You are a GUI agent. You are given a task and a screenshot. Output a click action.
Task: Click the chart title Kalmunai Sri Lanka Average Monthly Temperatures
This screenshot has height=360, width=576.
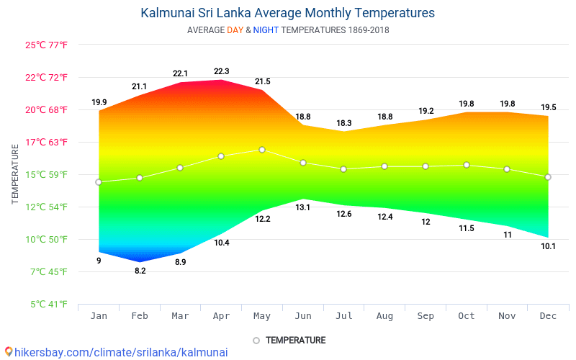click(287, 13)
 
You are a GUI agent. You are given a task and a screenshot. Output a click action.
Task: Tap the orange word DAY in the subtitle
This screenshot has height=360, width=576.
click(235, 30)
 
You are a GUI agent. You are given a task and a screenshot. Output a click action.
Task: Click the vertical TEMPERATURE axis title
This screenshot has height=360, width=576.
click(15, 174)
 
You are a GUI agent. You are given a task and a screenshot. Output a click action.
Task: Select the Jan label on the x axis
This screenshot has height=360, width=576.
click(99, 316)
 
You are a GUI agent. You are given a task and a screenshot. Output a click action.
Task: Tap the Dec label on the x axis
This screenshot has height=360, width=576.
click(548, 316)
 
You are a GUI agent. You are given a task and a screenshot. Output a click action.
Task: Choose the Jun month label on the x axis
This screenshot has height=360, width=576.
click(303, 316)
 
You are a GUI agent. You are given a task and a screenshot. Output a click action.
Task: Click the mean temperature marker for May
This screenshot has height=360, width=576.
click(262, 150)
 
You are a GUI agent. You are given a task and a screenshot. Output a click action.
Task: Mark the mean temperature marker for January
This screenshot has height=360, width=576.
click(99, 182)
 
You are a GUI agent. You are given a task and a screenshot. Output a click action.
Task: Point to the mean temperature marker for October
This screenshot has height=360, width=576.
click(467, 165)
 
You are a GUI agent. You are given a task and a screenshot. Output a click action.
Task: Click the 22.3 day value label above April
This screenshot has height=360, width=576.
click(222, 71)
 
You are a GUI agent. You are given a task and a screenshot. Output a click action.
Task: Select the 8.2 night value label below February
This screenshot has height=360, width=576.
click(140, 271)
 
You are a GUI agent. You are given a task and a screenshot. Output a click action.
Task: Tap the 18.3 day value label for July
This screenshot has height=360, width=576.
click(344, 123)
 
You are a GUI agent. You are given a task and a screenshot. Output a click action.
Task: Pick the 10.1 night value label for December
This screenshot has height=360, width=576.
click(548, 246)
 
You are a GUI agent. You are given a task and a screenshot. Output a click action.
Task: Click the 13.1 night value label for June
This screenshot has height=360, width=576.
click(303, 207)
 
